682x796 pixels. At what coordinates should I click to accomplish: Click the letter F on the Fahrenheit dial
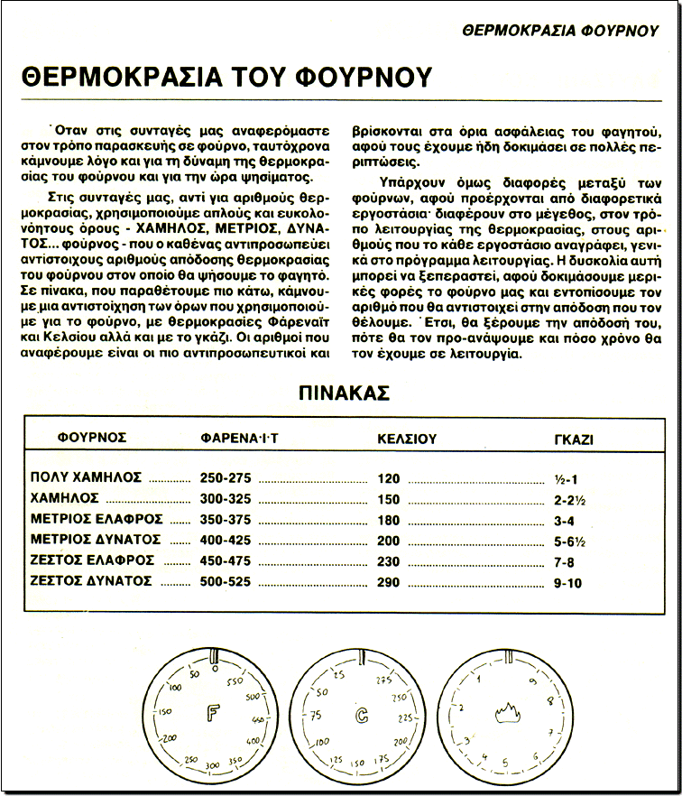tap(214, 717)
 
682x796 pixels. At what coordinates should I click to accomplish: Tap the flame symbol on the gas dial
tap(506, 717)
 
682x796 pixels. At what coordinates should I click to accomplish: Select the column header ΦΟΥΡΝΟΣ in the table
tap(92, 439)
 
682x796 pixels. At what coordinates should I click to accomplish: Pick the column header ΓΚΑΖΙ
tap(578, 439)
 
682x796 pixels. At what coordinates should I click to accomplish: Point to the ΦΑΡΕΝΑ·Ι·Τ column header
tap(240, 439)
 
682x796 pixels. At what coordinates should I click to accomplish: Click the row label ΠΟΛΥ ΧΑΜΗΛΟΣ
tap(87, 477)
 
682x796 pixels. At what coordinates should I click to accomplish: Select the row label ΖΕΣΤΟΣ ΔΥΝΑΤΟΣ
tap(90, 581)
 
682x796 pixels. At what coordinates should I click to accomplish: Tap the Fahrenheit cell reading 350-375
tap(226, 519)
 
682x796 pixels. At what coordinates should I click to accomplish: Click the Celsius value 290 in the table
tap(390, 582)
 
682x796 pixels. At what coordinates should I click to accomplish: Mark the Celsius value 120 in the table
tap(390, 478)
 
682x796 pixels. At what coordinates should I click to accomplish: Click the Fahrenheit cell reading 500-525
tap(226, 582)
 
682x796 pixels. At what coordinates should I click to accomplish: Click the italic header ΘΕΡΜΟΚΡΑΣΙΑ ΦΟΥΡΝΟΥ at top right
tap(559, 30)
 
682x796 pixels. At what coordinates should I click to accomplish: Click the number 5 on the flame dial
tap(504, 762)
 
